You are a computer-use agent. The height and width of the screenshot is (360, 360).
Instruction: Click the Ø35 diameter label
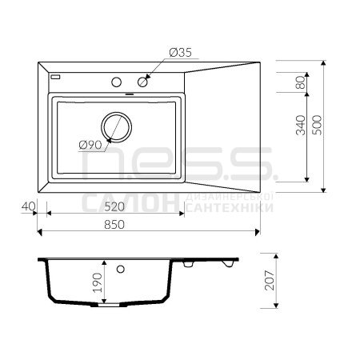[x=181, y=53]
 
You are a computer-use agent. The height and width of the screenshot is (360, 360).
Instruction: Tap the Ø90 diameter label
[x=90, y=145]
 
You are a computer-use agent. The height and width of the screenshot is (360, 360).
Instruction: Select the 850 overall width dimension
[x=114, y=225]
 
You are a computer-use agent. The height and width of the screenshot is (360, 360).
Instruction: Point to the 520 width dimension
[x=114, y=206]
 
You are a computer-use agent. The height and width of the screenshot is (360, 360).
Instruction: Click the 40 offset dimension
[x=28, y=206]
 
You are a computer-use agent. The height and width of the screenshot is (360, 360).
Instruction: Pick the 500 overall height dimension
[x=317, y=125]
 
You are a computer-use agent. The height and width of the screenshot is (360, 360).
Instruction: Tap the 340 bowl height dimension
[x=301, y=125]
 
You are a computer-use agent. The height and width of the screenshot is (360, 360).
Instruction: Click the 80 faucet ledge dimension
[x=301, y=82]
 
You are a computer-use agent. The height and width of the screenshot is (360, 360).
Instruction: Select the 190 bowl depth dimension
[x=98, y=282]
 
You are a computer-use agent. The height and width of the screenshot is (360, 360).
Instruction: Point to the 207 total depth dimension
[x=270, y=280]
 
